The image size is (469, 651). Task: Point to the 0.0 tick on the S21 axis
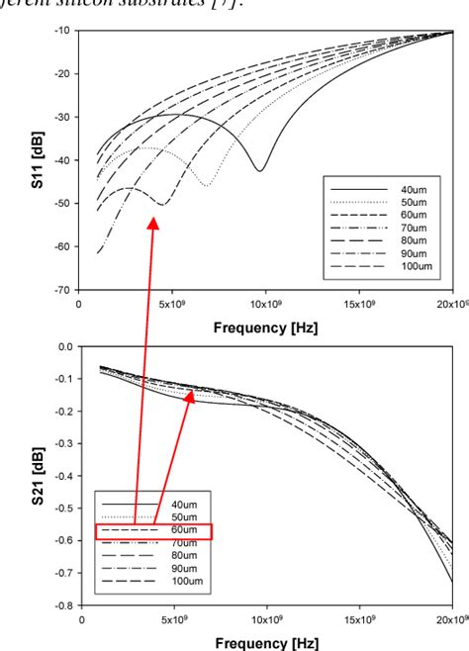[x=64, y=346]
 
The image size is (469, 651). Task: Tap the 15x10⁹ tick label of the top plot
[x=360, y=305]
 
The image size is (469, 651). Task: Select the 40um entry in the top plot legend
[x=414, y=189]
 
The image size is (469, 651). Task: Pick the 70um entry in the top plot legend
[x=414, y=228]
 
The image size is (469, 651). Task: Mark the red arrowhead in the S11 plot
[x=153, y=225]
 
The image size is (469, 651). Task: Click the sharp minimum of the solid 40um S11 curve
[x=260, y=171]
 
